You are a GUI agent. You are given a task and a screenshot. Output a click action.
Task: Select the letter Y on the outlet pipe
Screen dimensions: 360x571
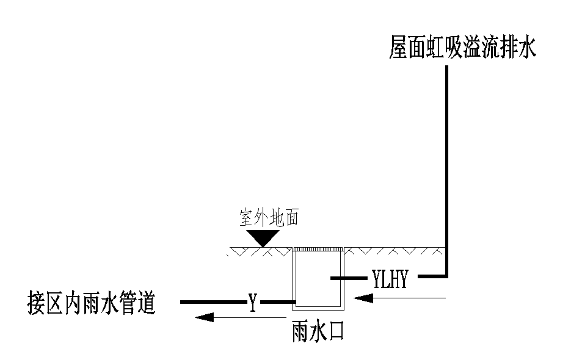[x=252, y=301]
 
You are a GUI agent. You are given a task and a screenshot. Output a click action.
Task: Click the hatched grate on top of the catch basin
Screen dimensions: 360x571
[x=318, y=249]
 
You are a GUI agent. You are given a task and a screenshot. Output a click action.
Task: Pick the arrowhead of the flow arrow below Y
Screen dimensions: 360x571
[x=204, y=317]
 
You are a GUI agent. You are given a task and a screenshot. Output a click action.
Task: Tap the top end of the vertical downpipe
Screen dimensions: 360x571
[x=447, y=67]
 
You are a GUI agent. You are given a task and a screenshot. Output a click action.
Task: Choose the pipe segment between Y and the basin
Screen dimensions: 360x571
[x=278, y=302]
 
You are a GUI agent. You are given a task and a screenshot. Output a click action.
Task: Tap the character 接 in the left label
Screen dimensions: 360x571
[x=38, y=303]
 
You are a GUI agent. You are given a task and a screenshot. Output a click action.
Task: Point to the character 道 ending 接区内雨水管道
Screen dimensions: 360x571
[x=144, y=303]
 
